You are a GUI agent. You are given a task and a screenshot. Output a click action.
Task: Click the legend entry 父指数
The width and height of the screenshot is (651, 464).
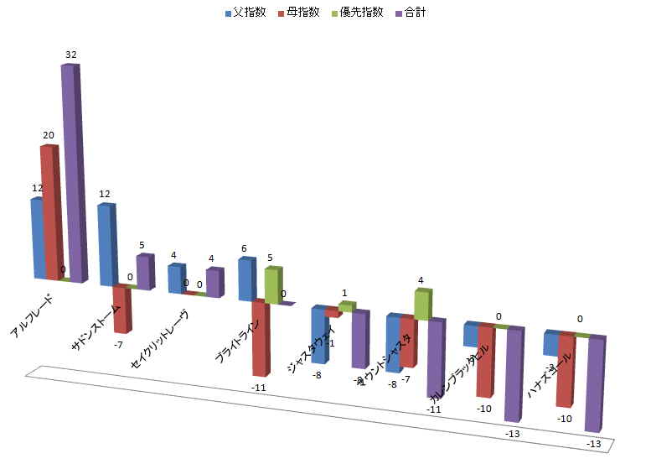coord(244,13)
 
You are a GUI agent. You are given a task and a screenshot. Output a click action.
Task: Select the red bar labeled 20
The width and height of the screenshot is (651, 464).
coord(50,210)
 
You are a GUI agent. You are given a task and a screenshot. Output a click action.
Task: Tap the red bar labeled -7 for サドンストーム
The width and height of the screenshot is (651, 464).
coord(121,308)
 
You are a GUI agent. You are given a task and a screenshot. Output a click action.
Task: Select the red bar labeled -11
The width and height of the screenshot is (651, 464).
coord(261,336)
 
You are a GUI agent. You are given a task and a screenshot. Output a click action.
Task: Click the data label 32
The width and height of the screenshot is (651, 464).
coord(71,55)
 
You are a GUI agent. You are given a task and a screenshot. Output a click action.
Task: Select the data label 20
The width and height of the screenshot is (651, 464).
coord(49,135)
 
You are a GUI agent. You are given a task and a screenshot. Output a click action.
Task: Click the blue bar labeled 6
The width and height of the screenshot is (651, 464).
coord(245,279)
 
